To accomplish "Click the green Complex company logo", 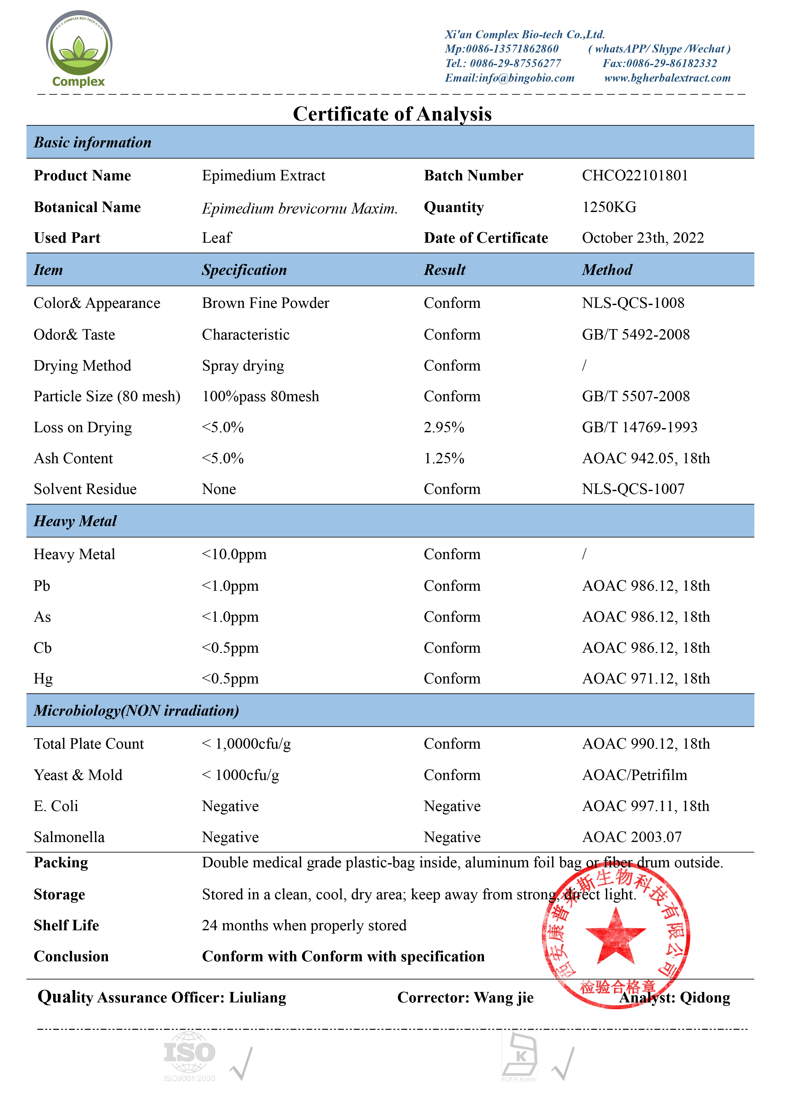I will [79, 48].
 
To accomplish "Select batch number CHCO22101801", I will [635, 176].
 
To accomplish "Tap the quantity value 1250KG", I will [609, 207].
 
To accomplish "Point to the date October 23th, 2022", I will [643, 238].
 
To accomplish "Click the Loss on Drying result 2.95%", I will [443, 427].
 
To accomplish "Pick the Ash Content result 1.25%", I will [443, 458].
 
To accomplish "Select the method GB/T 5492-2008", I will [636, 334].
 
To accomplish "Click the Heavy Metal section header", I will [75, 521].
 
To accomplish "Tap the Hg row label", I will [43, 679].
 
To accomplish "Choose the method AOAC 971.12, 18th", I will [646, 679].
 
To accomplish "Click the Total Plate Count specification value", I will [246, 744].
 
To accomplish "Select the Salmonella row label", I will [69, 837].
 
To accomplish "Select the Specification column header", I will [244, 270].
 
